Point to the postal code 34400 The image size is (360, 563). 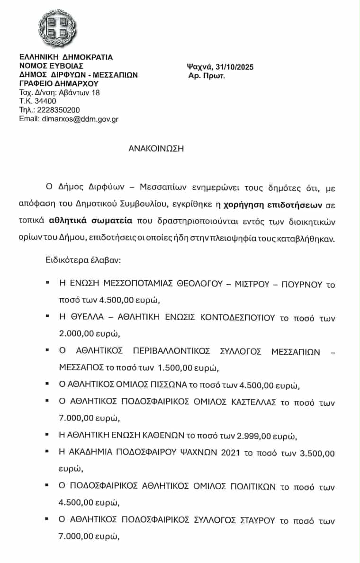[x=44, y=101]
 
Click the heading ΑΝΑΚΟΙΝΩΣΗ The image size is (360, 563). [x=156, y=148]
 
